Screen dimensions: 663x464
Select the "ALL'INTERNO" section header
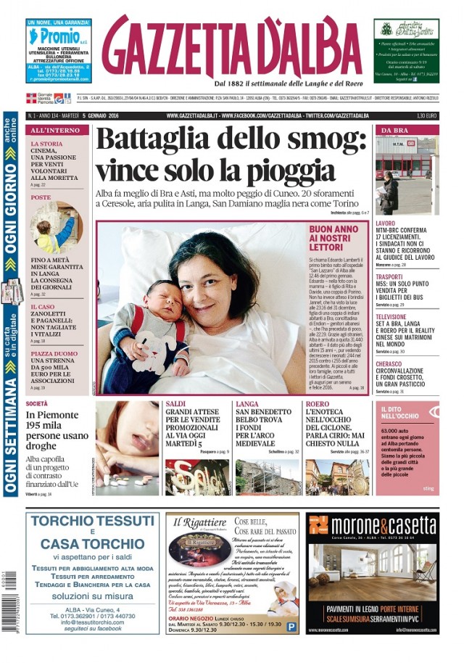click(48, 130)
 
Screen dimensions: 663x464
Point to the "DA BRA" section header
click(394, 130)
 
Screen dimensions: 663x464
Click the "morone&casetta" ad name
click(371, 524)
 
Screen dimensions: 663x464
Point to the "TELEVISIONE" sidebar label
click(391, 317)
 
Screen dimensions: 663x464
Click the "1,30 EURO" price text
click(426, 115)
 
